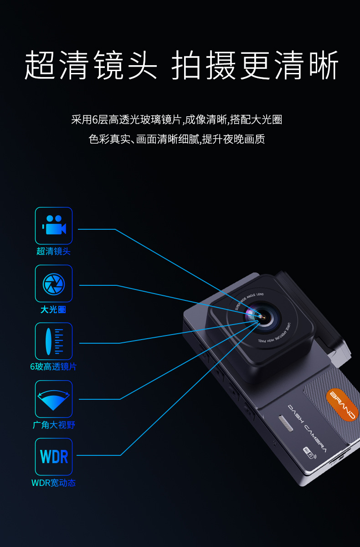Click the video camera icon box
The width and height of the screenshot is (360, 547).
[x=54, y=226]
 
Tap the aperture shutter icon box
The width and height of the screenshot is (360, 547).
[x=54, y=284]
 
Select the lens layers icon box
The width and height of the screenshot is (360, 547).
[x=54, y=341]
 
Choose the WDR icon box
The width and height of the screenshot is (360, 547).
[x=54, y=457]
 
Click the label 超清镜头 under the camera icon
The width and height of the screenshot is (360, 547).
[x=54, y=251]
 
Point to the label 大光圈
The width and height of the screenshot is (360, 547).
[x=53, y=310]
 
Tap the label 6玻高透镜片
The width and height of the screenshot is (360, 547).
[x=53, y=366]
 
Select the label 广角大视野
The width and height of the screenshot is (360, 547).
[x=54, y=425]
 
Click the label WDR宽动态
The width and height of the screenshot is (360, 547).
[x=53, y=483]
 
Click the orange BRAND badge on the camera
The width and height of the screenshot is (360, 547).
[x=343, y=404]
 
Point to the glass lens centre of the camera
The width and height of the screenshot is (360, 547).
[x=261, y=316]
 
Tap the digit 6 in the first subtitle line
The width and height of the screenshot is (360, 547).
[x=95, y=120]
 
